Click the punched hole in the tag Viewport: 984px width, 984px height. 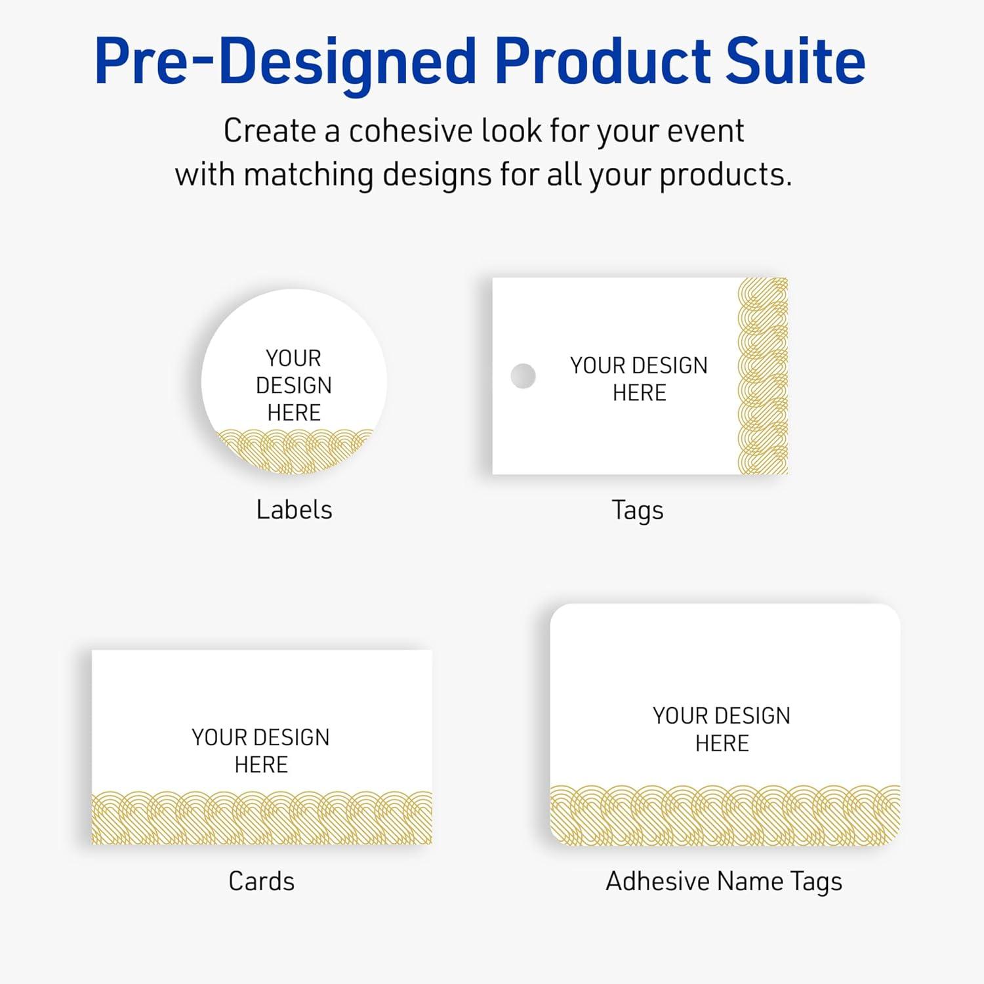pyautogui.click(x=523, y=376)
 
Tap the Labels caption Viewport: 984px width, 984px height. pyautogui.click(x=294, y=510)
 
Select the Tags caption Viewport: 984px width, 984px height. pyautogui.click(x=638, y=510)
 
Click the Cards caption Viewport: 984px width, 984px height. pyautogui.click(x=261, y=881)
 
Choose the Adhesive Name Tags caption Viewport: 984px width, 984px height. pyautogui.click(x=724, y=882)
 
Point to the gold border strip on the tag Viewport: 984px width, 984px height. pyautogui.click(x=762, y=376)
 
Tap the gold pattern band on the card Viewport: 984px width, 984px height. pyautogui.click(x=262, y=817)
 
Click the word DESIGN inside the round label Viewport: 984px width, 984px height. pyautogui.click(x=294, y=385)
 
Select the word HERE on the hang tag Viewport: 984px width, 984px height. pyautogui.click(x=640, y=393)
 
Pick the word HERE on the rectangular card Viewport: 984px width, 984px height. pyautogui.click(x=261, y=765)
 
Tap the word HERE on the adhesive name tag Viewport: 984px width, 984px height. pyautogui.click(x=722, y=743)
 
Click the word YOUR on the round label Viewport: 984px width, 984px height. pyautogui.click(x=293, y=358)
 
